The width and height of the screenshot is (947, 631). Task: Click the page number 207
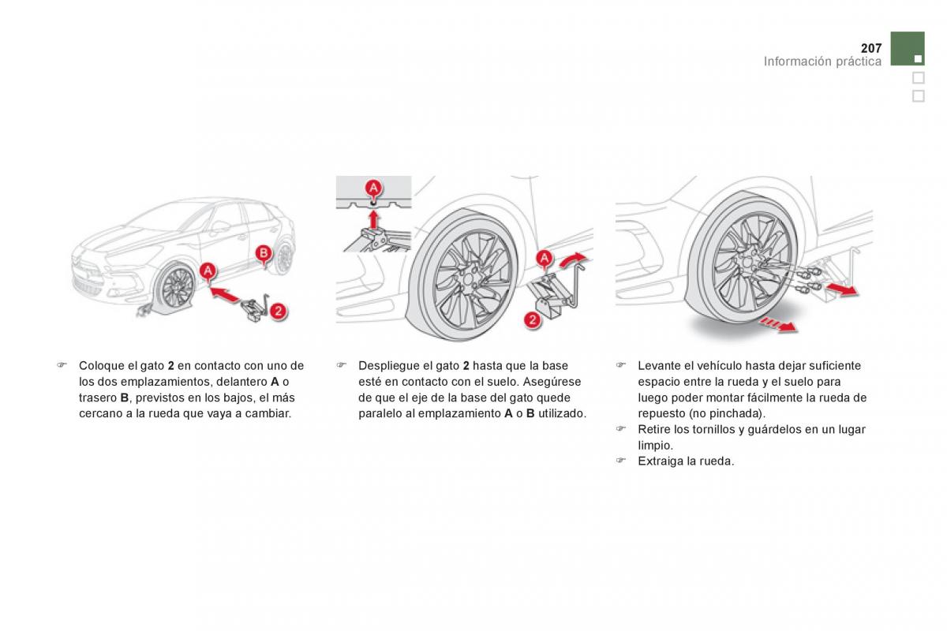coord(870,48)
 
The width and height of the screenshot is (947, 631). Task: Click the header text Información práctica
coord(822,62)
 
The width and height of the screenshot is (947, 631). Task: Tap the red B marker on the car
coord(265,252)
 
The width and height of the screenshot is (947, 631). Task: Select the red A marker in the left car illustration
coord(208,271)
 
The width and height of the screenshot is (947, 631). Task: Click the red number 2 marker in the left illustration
coord(278,311)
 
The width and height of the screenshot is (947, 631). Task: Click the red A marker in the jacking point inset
coord(373,188)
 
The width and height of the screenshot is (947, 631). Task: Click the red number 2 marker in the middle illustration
coord(533,319)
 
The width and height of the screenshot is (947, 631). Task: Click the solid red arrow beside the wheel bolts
coord(842,292)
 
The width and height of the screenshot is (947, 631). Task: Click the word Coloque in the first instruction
coord(99,366)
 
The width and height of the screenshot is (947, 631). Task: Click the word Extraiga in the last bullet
coord(661,461)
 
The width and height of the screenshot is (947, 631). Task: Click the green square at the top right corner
coord(908,48)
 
